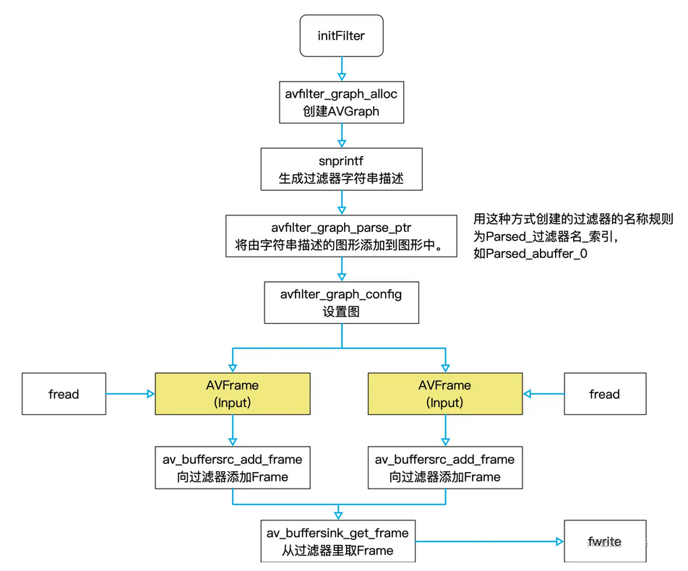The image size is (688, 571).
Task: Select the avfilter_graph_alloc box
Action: coord(341,102)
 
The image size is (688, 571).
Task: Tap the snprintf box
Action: coord(341,169)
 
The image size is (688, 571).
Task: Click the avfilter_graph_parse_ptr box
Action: coord(341,236)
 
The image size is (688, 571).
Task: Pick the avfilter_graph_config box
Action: coord(341,303)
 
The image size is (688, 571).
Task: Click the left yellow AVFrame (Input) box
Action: coord(232,394)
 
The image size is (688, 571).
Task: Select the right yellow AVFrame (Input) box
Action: coord(444,394)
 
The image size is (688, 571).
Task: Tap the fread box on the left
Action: coord(64,394)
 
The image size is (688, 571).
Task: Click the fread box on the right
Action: coord(604,394)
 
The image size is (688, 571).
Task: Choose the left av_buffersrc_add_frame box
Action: coord(232,468)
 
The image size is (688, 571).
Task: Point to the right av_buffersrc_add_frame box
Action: coord(444,468)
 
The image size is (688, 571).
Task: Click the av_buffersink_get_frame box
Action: coord(337,541)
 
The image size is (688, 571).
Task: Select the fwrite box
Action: coord(604,541)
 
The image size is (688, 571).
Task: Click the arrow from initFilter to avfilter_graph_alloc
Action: coord(341,69)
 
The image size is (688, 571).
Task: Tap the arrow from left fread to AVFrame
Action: coord(130,394)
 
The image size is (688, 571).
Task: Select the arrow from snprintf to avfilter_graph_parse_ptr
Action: coord(341,202)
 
